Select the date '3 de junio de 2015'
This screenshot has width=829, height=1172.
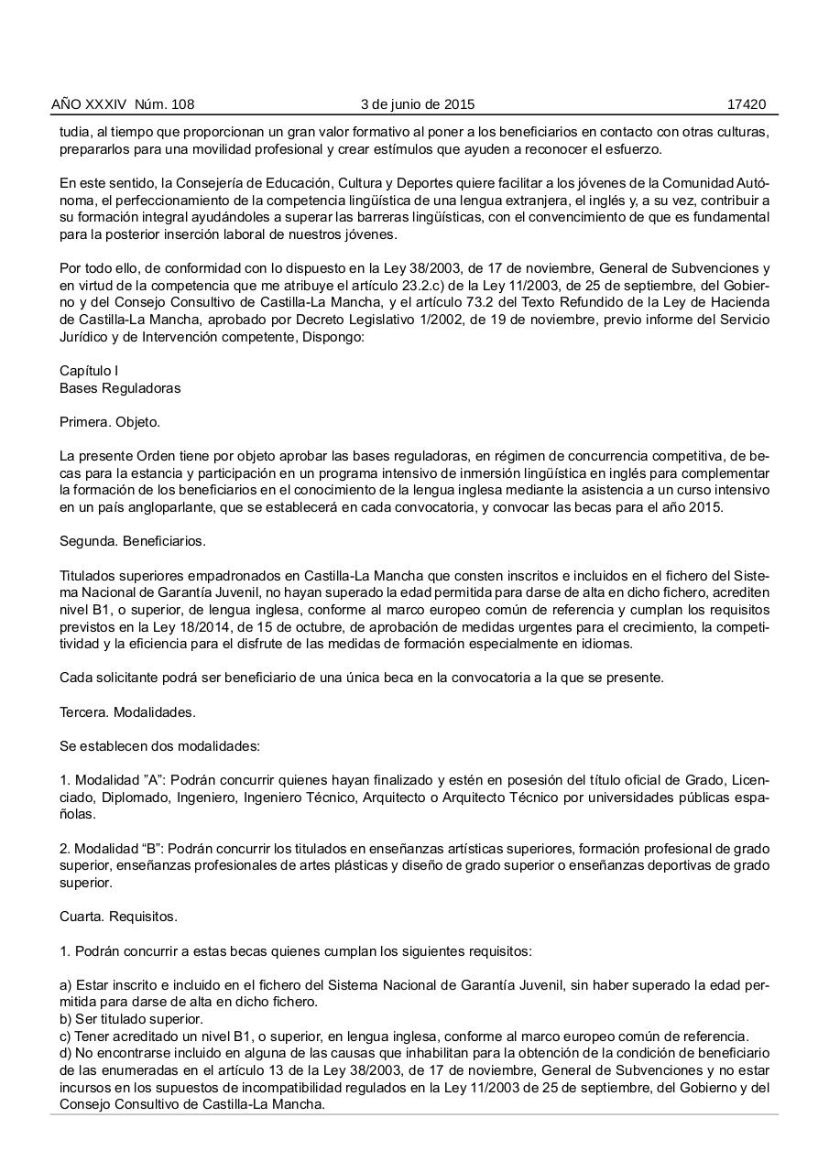pos(418,104)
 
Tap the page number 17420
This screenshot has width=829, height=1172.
pos(746,104)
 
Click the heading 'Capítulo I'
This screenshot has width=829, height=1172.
pos(89,371)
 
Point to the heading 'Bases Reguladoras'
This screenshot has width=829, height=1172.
pos(120,388)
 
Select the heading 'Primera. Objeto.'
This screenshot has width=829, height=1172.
pos(110,423)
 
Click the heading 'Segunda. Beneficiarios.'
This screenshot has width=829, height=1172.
pos(133,541)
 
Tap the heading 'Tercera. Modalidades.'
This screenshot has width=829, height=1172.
pos(127,711)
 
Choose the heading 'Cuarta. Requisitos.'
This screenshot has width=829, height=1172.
pos(118,916)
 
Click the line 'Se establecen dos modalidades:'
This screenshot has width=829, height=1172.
pos(159,745)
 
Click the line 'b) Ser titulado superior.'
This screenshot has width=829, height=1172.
pos(131,1019)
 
